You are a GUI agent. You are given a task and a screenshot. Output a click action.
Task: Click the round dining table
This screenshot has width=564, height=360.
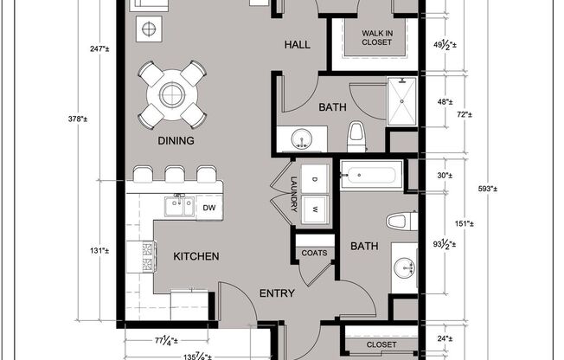coord(172,93)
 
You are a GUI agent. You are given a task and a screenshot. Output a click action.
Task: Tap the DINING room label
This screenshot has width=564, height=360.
coord(176,140)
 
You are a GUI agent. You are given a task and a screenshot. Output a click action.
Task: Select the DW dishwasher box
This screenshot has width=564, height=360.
coord(208,208)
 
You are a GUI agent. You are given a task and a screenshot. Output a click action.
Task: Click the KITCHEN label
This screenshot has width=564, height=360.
coord(195,256)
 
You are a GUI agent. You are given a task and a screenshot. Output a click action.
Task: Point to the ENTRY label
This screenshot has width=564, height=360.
coord(277,293)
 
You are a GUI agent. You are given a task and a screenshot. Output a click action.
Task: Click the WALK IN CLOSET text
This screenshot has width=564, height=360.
coord(376,36)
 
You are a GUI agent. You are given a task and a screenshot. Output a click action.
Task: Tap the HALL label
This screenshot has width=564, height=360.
coord(298,44)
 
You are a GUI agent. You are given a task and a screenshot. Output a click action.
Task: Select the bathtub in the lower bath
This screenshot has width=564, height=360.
coord(370,176)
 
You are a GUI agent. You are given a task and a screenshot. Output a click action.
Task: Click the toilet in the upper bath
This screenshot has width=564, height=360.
coord(356,135)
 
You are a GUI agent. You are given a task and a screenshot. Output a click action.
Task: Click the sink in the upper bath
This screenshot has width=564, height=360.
coord(302,138)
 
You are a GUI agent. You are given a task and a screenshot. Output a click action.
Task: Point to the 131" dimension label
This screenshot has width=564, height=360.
coord(99,251)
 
